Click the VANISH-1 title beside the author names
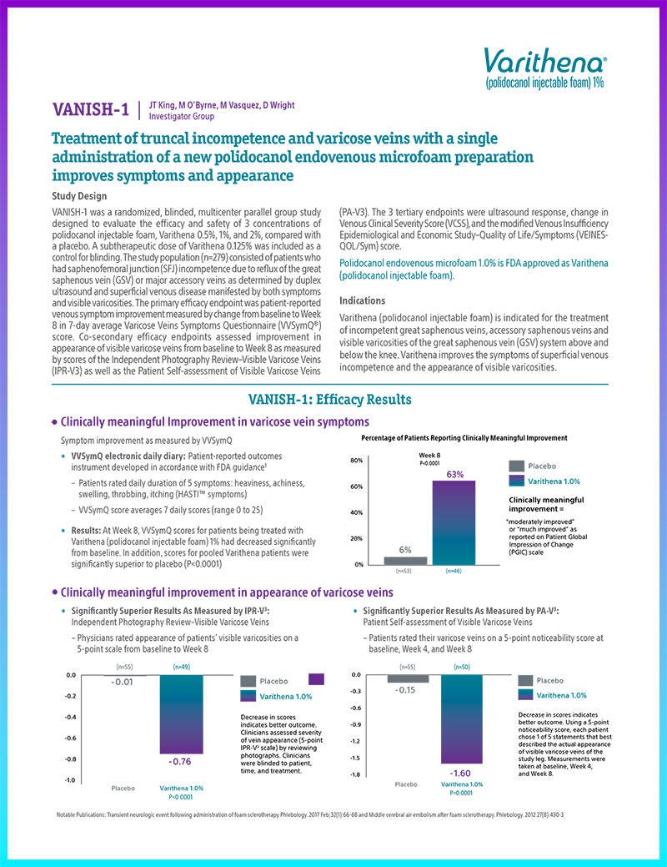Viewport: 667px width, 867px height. (91, 109)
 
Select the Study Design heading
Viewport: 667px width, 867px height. (79, 196)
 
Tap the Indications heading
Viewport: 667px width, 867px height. (363, 300)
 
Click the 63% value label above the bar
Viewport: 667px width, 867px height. (454, 474)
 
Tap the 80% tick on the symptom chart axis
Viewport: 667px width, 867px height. (354, 461)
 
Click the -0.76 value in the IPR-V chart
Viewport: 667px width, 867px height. (181, 762)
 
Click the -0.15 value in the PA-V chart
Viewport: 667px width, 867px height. (407, 690)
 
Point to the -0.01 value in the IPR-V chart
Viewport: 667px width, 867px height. (123, 683)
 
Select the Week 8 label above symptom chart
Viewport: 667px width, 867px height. (430, 454)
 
